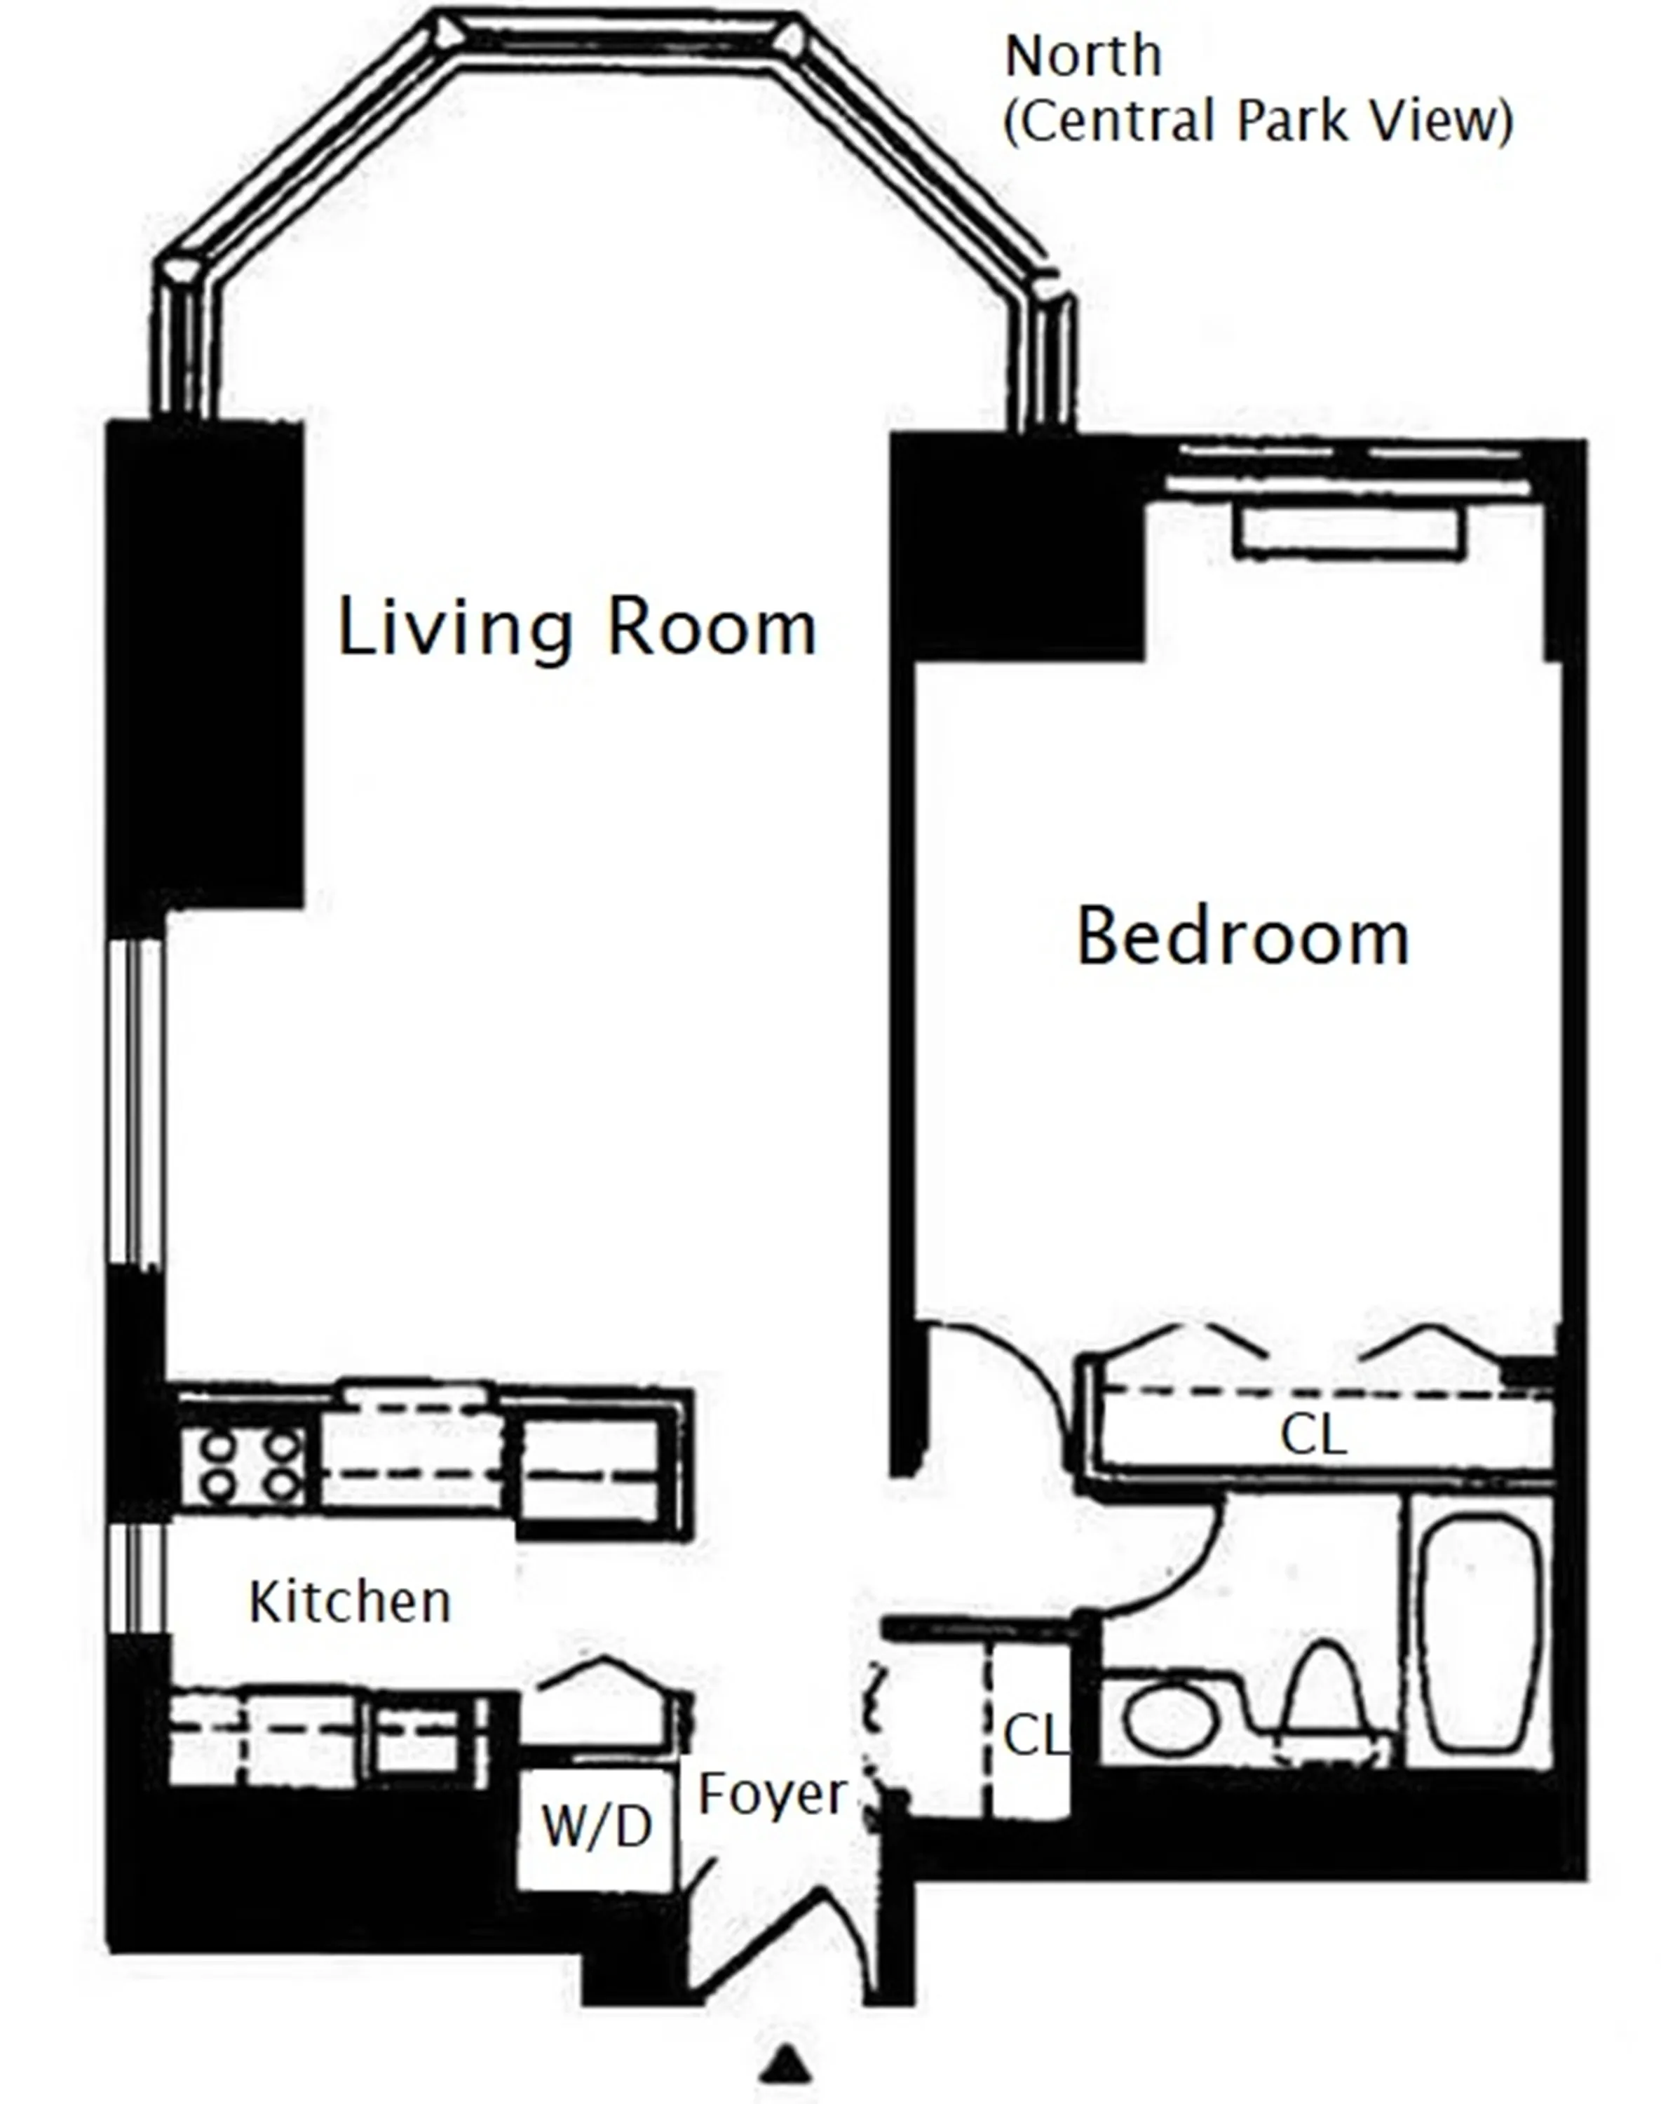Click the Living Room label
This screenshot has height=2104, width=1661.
tap(576, 628)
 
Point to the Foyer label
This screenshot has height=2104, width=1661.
tap(772, 1794)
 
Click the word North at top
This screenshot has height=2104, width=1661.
tap(1083, 56)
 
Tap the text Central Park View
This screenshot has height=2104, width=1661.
tap(1257, 121)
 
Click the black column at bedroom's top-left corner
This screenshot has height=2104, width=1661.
tap(1016, 550)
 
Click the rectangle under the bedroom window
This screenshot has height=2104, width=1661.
tap(1350, 531)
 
